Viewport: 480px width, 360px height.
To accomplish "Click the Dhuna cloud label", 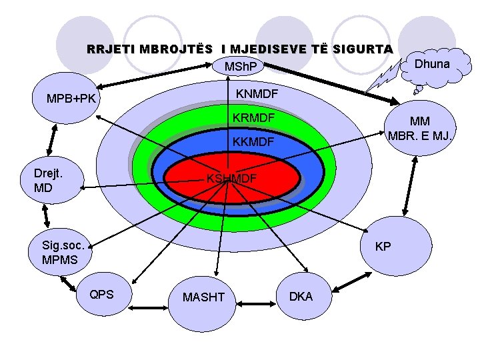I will [x=432, y=64].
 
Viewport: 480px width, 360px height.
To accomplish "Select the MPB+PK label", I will [x=71, y=99].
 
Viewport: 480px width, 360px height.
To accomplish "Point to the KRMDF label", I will [x=253, y=119].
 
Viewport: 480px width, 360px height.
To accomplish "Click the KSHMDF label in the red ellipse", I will [x=231, y=179].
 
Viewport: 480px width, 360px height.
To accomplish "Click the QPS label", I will [x=101, y=294].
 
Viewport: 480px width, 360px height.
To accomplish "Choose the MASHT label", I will [x=203, y=297].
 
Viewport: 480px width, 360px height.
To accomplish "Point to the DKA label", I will [x=301, y=296].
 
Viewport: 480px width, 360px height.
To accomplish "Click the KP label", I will [x=383, y=246].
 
